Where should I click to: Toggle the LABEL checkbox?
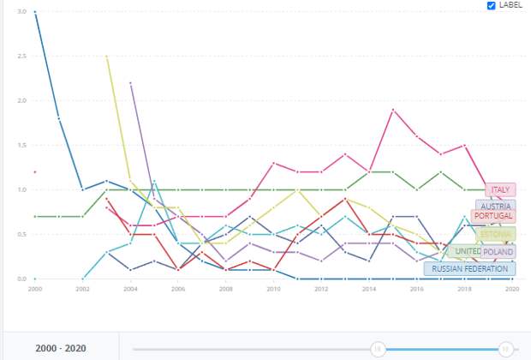coord(491,5)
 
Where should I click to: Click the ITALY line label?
coord(500,189)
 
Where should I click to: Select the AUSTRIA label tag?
coord(496,207)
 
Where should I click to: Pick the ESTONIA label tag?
coord(494,234)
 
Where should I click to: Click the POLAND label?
coord(498,252)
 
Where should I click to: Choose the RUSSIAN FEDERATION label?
coord(470,268)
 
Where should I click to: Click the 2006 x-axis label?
coord(176,290)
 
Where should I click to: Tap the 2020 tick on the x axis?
coord(511,290)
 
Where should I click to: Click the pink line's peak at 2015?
coord(392,110)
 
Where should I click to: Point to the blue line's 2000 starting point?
coord(35,12)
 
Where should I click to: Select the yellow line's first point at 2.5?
coord(106,57)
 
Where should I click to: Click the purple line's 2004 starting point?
coord(130,83)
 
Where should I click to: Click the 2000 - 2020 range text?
coord(60,349)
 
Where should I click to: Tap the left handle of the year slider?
coord(376,348)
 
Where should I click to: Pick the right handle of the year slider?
coord(506,348)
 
